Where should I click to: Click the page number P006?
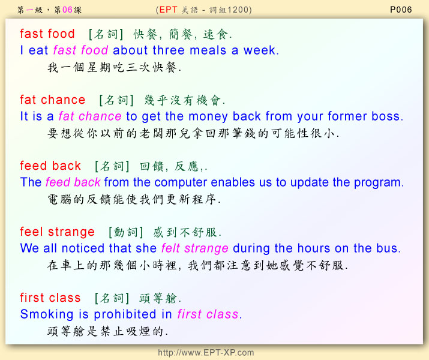[x=401, y=10]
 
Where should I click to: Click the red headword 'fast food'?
[x=47, y=34]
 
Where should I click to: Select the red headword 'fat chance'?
[x=53, y=100]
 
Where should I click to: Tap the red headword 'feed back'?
[x=50, y=166]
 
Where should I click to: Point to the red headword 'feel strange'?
[x=57, y=232]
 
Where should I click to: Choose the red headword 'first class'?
[x=50, y=298]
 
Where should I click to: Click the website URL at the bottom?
[x=206, y=352]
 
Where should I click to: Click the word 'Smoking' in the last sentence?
[x=47, y=314]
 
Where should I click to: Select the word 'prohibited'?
[x=125, y=314]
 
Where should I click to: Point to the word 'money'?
[x=208, y=117]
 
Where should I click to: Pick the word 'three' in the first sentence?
[x=169, y=50]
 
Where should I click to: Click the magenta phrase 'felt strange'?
[x=194, y=248]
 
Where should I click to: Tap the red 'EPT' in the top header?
[x=168, y=10]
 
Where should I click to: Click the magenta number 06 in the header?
[x=67, y=10]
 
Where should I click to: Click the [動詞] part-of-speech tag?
[x=125, y=232]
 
